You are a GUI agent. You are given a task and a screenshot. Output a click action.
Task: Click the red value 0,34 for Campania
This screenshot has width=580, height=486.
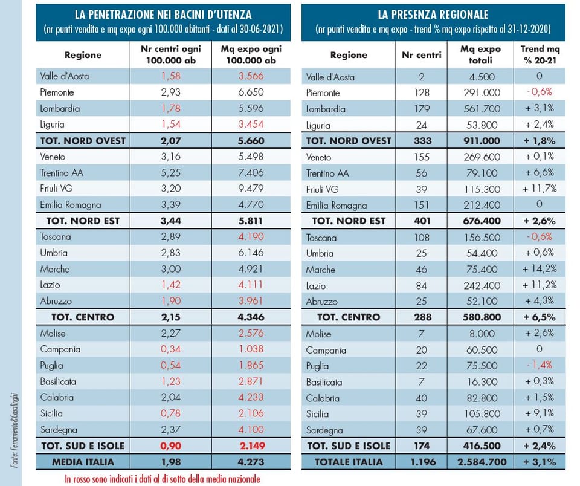(170, 349)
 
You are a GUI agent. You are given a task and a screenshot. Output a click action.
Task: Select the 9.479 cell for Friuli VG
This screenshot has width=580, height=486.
(251, 189)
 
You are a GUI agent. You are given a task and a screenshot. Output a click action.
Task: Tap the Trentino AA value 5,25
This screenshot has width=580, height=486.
(170, 172)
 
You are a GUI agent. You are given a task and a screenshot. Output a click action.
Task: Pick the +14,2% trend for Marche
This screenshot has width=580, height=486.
(540, 269)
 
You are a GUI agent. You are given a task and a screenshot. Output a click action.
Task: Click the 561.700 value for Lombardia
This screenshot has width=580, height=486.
(482, 109)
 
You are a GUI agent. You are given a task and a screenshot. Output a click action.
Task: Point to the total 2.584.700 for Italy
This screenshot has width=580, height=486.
(482, 462)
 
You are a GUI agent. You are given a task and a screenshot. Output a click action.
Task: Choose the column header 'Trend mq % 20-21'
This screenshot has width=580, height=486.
(540, 55)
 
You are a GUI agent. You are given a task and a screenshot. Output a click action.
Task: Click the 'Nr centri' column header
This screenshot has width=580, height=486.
(421, 55)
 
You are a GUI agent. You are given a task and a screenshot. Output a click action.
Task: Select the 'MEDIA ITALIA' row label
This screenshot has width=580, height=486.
(83, 462)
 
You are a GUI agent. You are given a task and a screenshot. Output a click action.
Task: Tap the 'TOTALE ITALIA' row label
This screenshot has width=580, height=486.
(349, 462)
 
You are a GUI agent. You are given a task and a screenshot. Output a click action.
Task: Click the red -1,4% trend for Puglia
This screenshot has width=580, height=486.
(540, 365)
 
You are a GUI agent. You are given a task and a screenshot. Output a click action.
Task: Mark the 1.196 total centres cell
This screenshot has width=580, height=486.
(423, 462)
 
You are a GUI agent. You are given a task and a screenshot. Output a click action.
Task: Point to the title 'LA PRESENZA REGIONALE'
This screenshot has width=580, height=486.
(433, 15)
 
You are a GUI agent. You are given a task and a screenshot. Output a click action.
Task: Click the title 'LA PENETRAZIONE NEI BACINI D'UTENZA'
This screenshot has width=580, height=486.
(163, 15)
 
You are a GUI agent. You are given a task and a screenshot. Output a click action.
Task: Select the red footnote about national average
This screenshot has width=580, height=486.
(163, 479)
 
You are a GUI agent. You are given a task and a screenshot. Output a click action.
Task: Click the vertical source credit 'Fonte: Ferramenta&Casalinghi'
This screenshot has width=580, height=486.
(14, 430)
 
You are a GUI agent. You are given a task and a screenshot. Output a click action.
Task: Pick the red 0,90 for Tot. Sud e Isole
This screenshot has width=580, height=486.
(170, 445)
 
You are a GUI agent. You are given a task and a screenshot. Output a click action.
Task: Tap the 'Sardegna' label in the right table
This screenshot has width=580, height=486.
(324, 430)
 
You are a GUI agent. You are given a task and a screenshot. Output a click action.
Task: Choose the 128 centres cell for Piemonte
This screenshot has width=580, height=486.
(422, 92)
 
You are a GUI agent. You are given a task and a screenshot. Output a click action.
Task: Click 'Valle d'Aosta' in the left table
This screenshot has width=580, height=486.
(65, 76)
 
